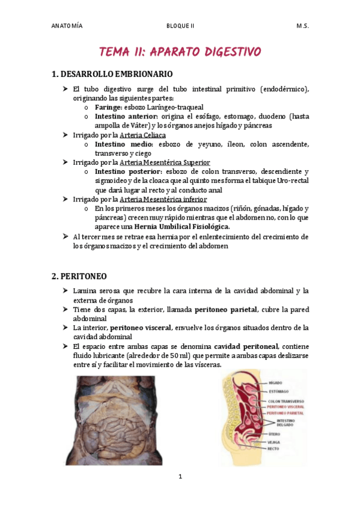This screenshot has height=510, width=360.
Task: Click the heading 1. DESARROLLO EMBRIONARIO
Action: click(x=112, y=74)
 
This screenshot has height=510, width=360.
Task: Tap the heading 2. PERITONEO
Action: click(x=79, y=276)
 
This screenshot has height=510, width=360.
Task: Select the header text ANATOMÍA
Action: click(x=67, y=26)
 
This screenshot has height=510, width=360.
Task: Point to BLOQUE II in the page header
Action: click(x=180, y=26)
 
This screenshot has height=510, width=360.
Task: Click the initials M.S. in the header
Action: click(x=302, y=26)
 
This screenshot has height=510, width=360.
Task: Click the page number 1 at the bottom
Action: click(x=180, y=477)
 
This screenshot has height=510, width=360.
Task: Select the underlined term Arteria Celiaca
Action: click(x=143, y=135)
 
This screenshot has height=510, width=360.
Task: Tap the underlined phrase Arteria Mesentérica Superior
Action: click(x=165, y=162)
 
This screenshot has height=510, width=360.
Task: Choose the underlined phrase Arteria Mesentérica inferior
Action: click(x=163, y=199)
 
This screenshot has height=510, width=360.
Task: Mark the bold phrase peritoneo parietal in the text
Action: click(x=225, y=309)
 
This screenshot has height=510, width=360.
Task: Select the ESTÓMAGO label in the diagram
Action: click(x=279, y=392)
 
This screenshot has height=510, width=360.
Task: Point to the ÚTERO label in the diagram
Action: click(x=274, y=434)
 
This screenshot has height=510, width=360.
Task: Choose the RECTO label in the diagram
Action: click(x=274, y=449)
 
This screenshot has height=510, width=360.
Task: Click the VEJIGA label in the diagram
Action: click(x=275, y=442)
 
